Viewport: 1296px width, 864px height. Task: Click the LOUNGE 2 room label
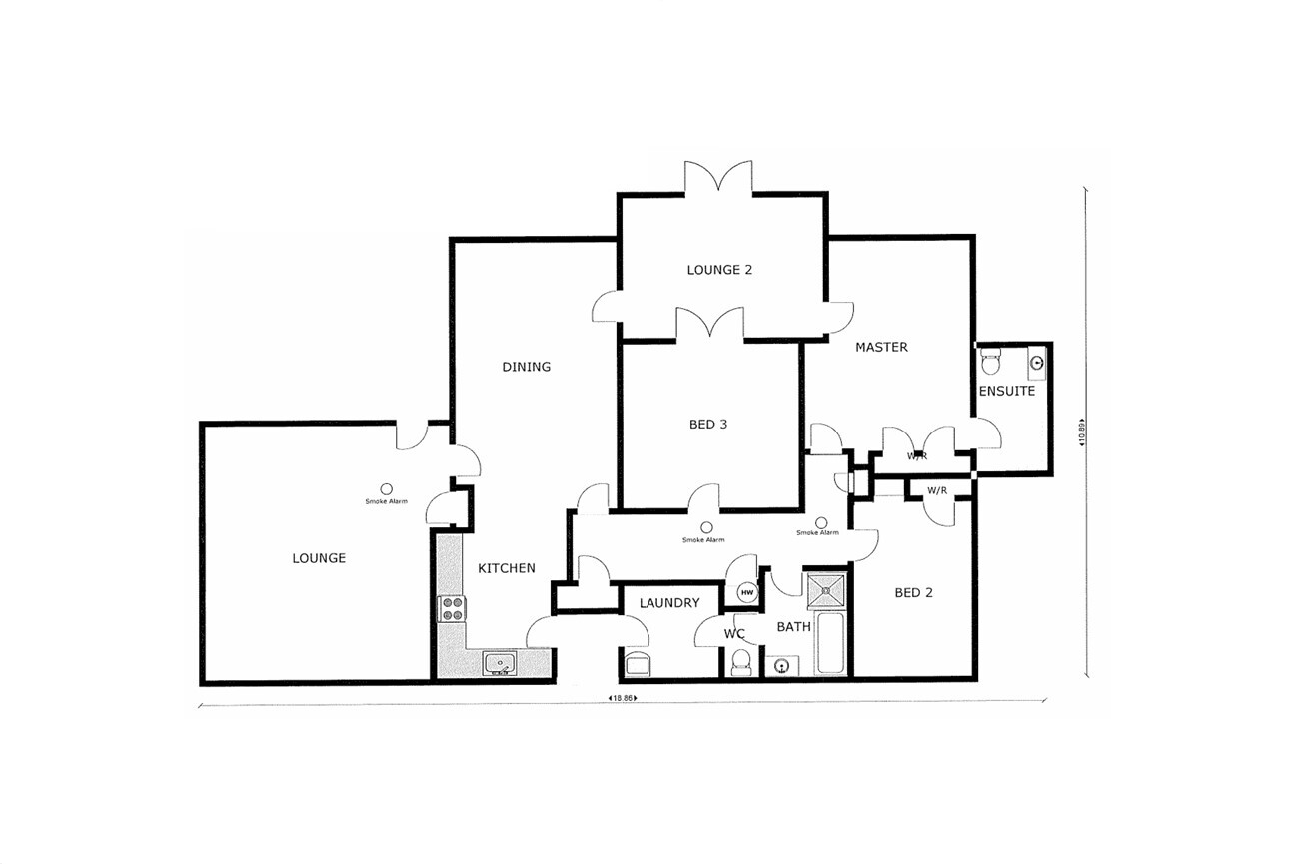719,270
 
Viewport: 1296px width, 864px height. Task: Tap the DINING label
526,367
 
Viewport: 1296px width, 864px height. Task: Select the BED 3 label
708,425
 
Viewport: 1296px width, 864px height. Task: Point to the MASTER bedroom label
881,347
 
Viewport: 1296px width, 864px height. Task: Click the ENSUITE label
1006,391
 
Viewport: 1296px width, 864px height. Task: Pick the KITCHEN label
507,568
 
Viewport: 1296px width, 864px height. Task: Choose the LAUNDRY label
669,603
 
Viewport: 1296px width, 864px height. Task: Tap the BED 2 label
913,592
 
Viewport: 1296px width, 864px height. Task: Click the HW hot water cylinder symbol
747,592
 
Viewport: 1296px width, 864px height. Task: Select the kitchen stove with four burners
452,609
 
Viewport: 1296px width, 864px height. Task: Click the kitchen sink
500,663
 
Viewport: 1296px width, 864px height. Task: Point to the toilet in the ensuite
990,361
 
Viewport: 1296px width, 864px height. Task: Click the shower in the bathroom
826,590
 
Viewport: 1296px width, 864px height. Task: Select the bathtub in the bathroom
830,643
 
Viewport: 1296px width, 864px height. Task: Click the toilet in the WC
741,662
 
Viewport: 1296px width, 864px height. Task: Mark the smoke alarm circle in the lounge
386,489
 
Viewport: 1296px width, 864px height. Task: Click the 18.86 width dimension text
622,698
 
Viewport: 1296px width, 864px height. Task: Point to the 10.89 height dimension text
1081,432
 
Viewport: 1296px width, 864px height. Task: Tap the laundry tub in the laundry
638,663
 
